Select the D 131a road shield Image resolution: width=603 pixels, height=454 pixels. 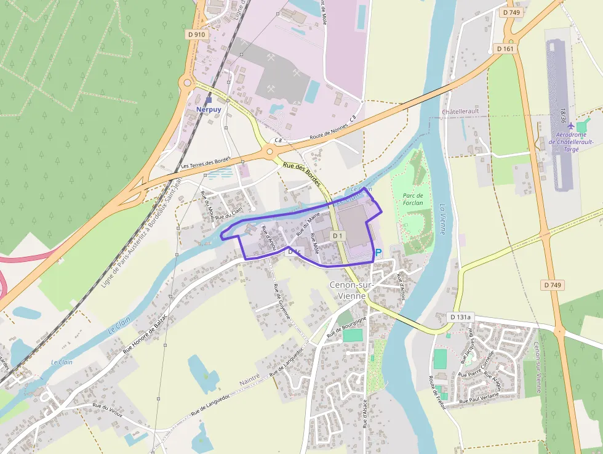[460, 317]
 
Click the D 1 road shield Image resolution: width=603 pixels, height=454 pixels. [337, 236]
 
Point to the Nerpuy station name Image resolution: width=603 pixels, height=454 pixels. [208, 109]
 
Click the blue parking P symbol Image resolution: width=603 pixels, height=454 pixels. [378, 253]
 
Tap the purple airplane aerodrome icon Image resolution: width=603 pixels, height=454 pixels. [571, 126]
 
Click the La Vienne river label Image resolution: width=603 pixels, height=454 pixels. [442, 219]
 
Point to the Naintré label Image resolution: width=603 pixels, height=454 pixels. [250, 383]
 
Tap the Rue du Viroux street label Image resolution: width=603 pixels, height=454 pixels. [108, 411]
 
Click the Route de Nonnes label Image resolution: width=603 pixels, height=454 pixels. [333, 128]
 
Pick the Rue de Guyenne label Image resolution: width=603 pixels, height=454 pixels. [282, 301]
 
